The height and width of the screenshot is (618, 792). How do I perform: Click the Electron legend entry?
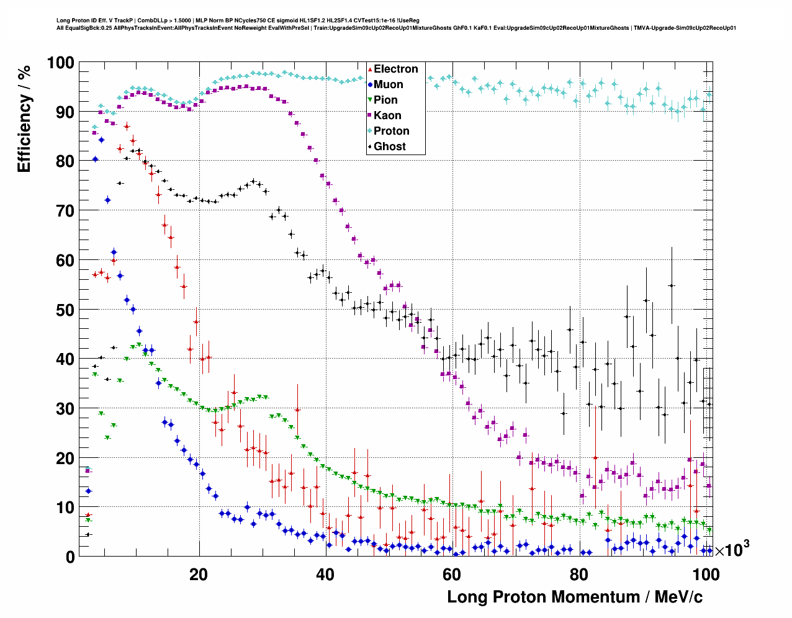(395, 69)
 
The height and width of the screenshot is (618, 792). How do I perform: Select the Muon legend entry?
(388, 84)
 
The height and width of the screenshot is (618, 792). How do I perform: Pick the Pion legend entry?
(385, 100)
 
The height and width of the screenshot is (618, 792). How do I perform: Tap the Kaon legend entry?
(387, 115)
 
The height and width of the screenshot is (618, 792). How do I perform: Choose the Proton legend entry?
(391, 131)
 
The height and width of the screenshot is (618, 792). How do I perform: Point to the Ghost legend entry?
(389, 146)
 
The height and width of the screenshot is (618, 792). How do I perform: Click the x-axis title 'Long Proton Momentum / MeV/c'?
(575, 597)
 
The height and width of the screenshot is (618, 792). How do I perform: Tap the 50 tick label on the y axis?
(64, 310)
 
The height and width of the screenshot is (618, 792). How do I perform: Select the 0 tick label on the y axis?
(70, 557)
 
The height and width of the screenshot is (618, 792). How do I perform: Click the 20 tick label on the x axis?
(199, 575)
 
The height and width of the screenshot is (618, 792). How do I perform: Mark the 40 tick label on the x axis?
(325, 575)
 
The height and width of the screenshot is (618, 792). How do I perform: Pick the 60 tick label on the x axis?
(452, 575)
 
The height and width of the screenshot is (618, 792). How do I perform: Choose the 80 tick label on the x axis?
(578, 575)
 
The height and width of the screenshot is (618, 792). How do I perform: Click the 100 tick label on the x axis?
(705, 575)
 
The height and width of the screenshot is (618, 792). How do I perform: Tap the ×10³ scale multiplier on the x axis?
(732, 549)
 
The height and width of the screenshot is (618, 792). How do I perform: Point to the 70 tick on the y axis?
(64, 211)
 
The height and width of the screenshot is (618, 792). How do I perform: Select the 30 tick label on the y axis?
(64, 408)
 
